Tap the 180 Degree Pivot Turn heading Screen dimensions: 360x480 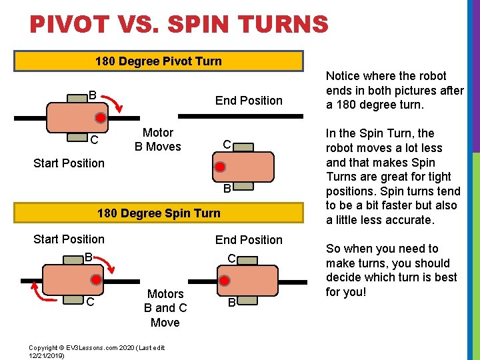(159, 61)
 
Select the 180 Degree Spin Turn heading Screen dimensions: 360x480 (159, 213)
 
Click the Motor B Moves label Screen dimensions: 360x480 (158, 139)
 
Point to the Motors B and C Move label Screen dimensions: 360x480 (165, 308)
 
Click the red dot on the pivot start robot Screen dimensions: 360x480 (99, 119)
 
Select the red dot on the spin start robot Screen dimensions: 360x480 (97, 280)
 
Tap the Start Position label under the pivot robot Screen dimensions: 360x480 (69, 163)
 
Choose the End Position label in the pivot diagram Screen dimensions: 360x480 (249, 101)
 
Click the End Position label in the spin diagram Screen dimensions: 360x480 (249, 240)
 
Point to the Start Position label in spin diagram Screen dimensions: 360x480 (69, 239)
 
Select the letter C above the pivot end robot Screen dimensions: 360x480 (227, 145)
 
